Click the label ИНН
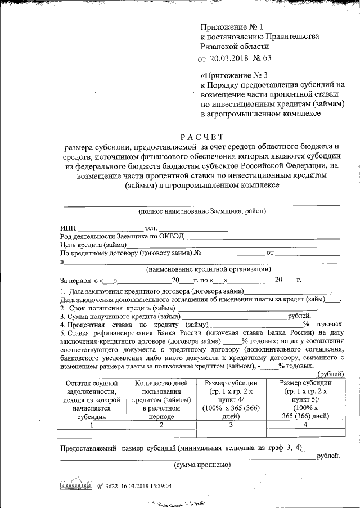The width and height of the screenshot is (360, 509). (x=67, y=228)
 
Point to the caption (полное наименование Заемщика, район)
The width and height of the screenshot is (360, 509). (x=201, y=211)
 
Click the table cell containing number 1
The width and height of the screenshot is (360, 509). (x=92, y=425)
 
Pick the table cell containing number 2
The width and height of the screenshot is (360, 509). (x=161, y=425)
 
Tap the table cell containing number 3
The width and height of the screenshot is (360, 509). (x=229, y=425)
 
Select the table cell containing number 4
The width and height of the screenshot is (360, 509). (x=304, y=425)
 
